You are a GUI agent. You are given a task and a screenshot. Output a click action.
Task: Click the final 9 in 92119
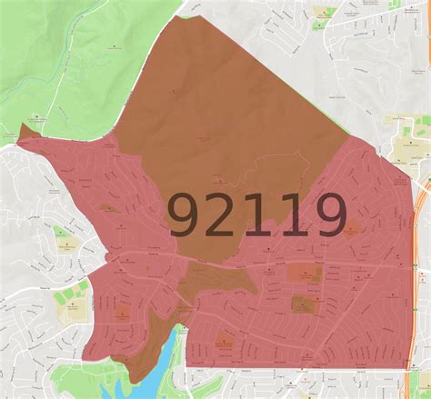click(x=326, y=216)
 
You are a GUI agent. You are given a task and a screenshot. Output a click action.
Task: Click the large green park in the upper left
click(x=55, y=55)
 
